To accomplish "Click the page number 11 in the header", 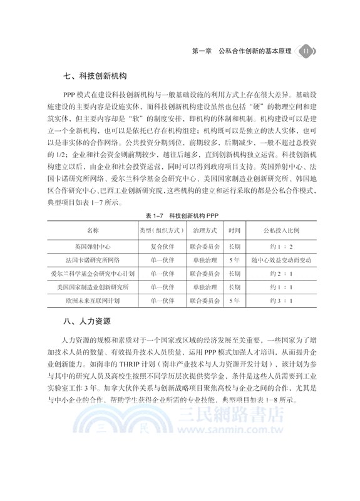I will coord(306,51).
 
